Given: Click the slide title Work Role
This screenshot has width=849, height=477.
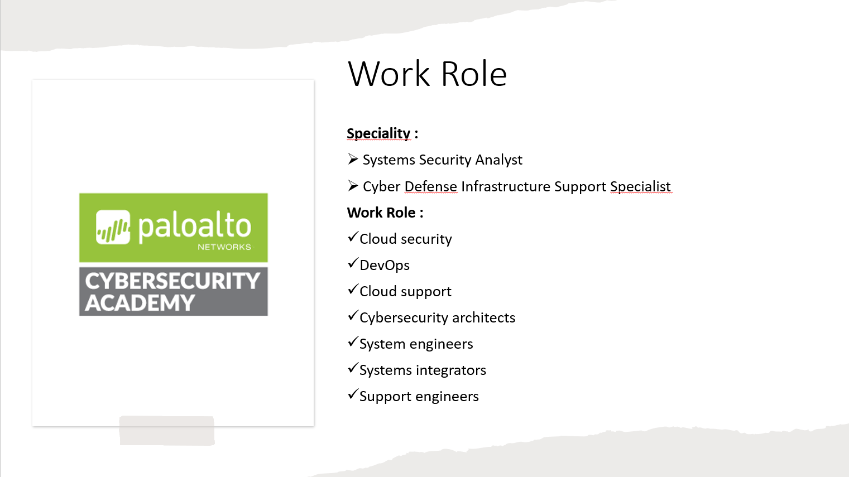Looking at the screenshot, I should pos(427,74).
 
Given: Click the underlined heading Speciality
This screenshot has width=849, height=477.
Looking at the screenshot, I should pos(378,133).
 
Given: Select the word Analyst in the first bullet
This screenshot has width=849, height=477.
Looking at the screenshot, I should pos(498,160).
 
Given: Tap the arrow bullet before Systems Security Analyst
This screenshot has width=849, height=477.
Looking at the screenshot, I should pos(353,160).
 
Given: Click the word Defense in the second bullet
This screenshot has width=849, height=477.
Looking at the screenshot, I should pos(430,186).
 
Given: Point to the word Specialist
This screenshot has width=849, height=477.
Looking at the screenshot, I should pos(640,186).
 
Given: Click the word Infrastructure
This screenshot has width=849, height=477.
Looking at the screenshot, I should pos(506,186).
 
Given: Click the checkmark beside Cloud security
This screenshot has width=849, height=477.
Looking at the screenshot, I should pos(352,238).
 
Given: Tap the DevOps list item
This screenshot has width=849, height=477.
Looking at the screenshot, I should pos(385,266).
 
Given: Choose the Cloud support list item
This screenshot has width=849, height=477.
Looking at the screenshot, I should pos(405,292).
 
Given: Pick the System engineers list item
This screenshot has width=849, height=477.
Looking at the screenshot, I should pos(416,344).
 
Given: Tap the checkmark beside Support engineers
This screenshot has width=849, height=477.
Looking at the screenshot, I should pos(352,395).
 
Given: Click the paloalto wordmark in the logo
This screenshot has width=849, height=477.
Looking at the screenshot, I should pos(194,226).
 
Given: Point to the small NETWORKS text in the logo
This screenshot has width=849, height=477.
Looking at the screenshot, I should pos(224,247).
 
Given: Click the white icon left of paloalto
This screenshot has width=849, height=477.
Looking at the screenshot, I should pos(113,227).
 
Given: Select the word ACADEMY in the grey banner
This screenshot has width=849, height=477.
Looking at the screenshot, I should pos(140,303).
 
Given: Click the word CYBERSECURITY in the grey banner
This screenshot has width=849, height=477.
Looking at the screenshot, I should pos(172,281).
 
